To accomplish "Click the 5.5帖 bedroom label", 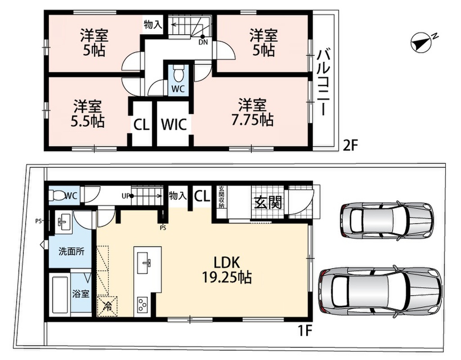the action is coord(87,114).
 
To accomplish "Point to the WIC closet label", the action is coord(174,124).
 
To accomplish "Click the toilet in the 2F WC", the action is coord(178,74).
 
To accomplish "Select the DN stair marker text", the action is coord(203,42).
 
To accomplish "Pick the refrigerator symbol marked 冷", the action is coord(107,306).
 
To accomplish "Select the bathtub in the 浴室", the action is coord(61,295).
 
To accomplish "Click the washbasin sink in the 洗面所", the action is coord(63,222).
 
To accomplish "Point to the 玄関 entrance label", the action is coord(268,202).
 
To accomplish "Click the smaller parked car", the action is coord(387,220).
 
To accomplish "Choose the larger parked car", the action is coord(380,292).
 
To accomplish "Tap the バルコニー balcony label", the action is coord(323,83).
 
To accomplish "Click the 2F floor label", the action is coord(350,145).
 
